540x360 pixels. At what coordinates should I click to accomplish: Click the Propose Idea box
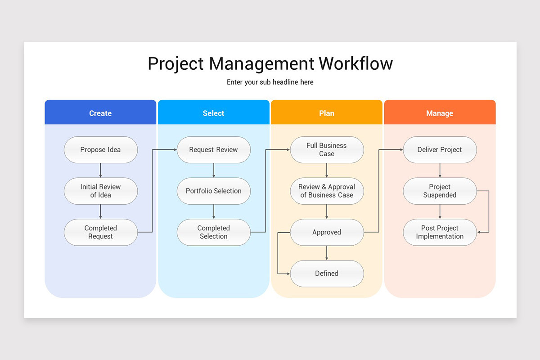[x=100, y=150]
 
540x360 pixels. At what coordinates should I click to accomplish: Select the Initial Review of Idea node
[x=100, y=191]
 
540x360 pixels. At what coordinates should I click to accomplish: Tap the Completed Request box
[x=100, y=232]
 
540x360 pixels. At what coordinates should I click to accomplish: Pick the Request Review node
[x=213, y=150]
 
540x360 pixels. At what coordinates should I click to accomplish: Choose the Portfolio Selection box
[x=213, y=191]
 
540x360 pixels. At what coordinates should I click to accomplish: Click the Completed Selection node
[x=213, y=232]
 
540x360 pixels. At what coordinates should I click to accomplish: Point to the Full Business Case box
[x=327, y=150]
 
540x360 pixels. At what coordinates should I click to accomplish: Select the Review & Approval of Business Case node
[x=327, y=191]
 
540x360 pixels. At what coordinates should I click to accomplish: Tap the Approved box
[x=327, y=232]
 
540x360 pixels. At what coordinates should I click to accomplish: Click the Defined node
[x=327, y=273]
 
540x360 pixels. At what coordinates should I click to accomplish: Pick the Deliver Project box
[x=440, y=150]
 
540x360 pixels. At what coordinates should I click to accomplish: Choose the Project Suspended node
[x=440, y=191]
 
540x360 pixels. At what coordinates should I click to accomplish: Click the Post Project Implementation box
[x=440, y=232]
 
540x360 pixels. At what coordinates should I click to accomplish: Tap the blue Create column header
[x=100, y=113]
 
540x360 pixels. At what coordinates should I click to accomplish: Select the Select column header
[x=213, y=113]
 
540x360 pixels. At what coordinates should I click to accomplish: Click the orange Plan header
[x=327, y=113]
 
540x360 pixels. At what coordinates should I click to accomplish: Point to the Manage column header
[x=440, y=113]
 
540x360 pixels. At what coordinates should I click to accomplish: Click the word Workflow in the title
[x=355, y=63]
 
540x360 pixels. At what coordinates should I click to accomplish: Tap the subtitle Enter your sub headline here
[x=270, y=82]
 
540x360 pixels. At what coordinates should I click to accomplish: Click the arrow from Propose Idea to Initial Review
[x=100, y=170]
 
